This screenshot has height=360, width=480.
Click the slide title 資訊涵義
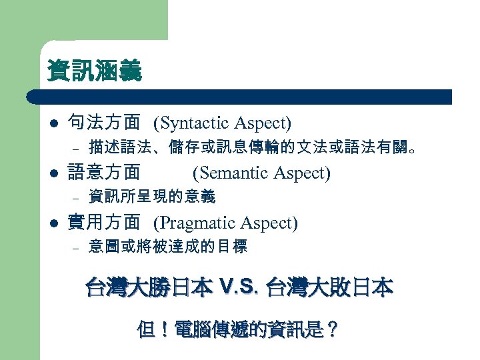tap(94, 71)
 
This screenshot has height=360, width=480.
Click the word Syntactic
tap(194, 123)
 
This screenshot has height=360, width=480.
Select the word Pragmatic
tap(197, 223)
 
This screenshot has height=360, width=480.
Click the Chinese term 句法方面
tap(104, 123)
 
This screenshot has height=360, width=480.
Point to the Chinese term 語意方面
tap(104, 173)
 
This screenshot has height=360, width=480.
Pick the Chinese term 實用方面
tap(104, 223)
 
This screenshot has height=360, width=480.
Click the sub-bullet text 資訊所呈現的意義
tap(152, 197)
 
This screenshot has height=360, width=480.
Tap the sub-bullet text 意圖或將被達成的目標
tap(168, 247)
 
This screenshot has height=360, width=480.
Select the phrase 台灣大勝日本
tap(149, 288)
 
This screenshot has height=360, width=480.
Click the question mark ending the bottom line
tap(332, 329)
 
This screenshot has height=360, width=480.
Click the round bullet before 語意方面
tap(53, 173)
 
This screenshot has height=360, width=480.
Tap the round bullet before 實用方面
tap(53, 223)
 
